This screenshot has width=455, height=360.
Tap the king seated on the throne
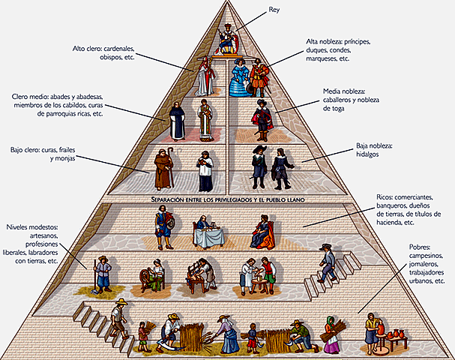[x=227, y=37]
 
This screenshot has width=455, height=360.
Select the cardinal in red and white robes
[x=204, y=76]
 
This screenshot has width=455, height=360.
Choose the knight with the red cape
[x=261, y=116]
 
